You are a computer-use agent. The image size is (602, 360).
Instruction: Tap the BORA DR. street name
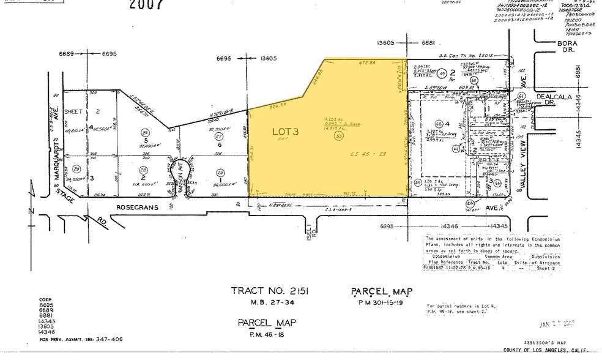pos(554,47)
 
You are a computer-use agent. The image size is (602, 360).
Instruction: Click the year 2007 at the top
pos(146,5)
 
